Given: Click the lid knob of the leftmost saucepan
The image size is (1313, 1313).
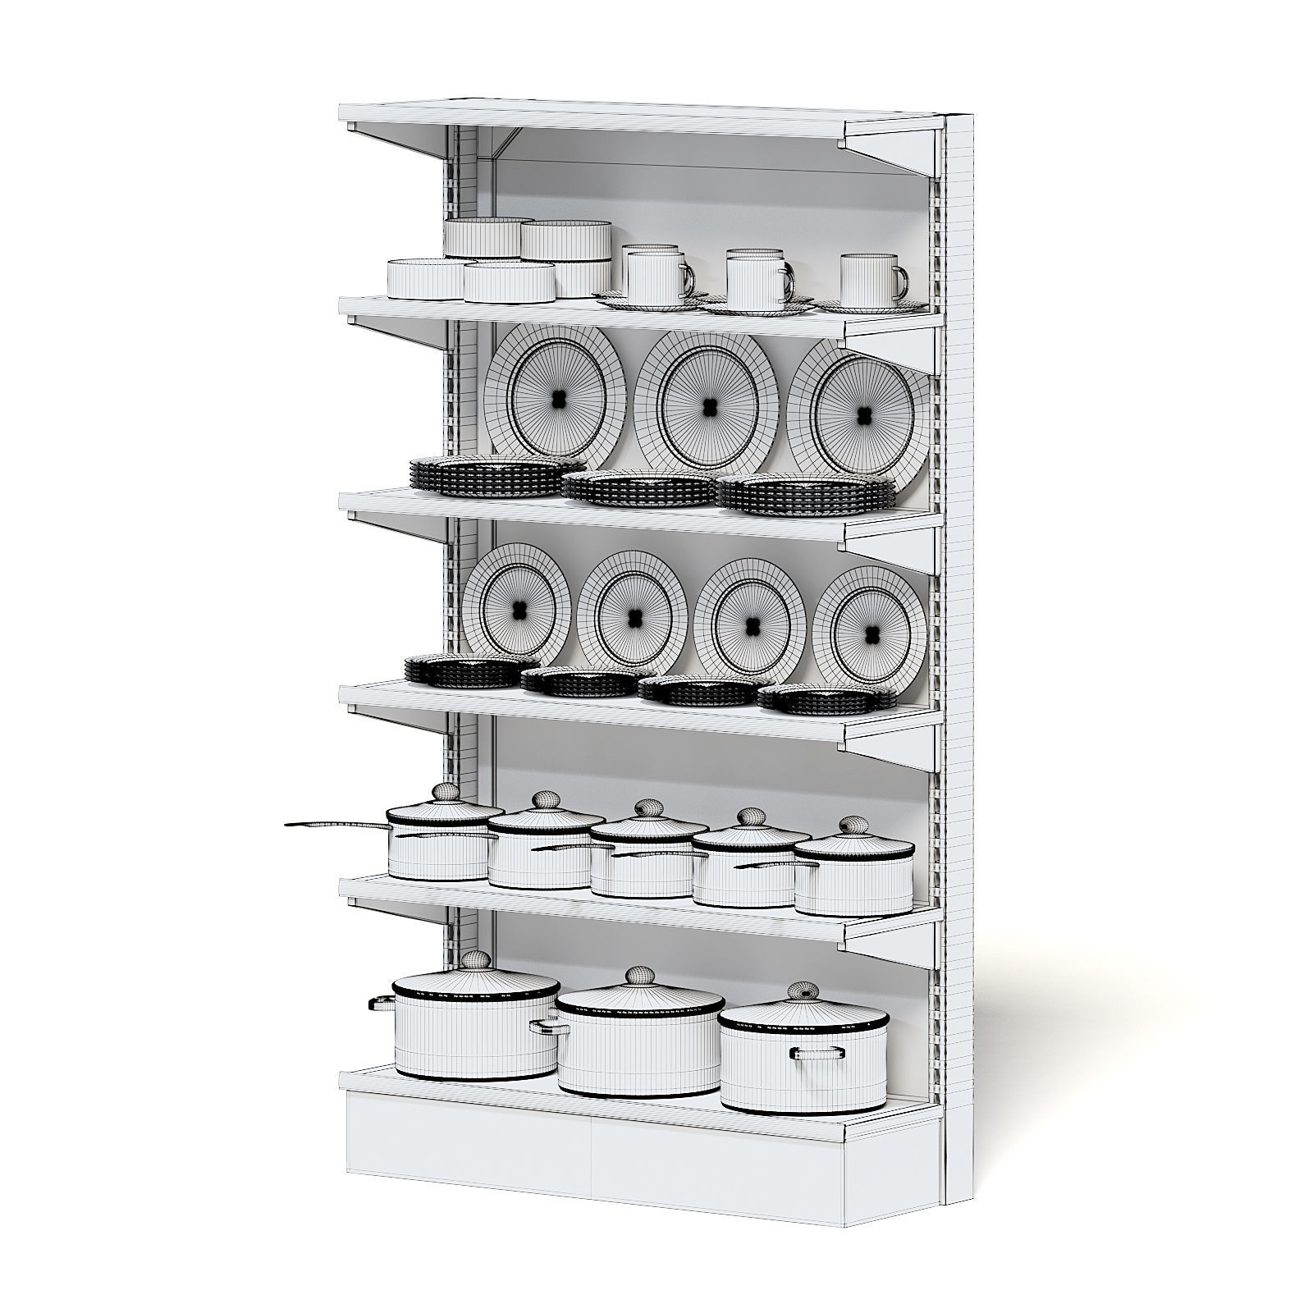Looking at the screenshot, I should click(446, 792).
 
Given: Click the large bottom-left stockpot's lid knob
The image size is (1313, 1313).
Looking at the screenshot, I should click(475, 959).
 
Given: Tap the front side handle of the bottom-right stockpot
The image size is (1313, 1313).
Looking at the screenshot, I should click(817, 1054).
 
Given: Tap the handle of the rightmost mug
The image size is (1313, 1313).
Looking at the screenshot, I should click(902, 283).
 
